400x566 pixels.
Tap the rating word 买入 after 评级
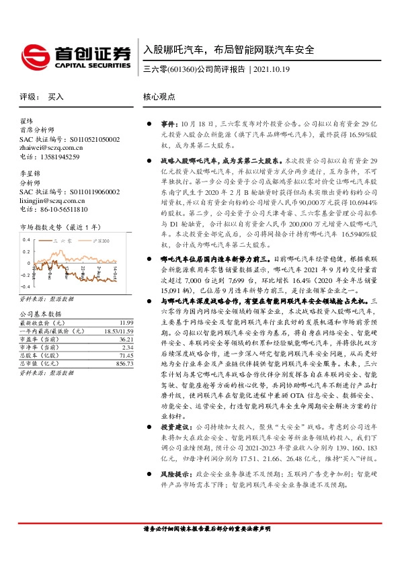56,97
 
